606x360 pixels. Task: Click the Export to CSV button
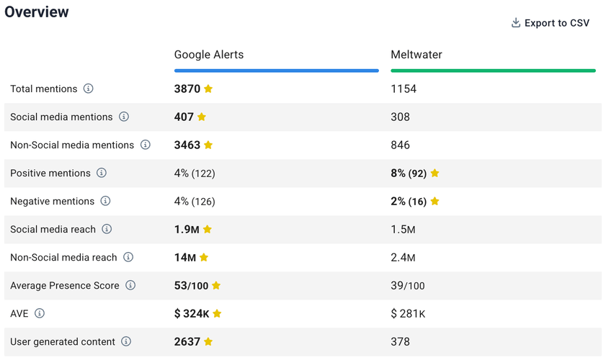[551, 23]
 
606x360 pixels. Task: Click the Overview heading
[37, 12]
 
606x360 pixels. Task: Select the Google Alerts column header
[209, 55]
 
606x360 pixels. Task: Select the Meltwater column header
[416, 55]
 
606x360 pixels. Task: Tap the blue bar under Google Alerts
[276, 71]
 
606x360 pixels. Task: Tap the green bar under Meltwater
[493, 71]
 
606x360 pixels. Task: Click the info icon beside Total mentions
[88, 89]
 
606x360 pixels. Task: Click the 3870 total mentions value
[187, 89]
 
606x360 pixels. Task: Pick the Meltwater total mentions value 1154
[404, 89]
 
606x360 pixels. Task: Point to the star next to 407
[202, 117]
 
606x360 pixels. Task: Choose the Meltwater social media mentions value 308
[400, 117]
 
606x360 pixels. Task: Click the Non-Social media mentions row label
[72, 145]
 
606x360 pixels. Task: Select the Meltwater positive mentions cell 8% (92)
[409, 174]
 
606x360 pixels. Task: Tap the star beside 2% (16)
[435, 202]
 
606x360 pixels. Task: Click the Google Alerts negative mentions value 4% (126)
[195, 202]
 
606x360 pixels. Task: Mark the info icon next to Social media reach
[107, 229]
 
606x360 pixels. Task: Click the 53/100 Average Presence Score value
[191, 286]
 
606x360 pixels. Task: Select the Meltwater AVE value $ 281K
[407, 314]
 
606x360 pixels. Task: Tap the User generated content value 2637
[187, 342]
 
